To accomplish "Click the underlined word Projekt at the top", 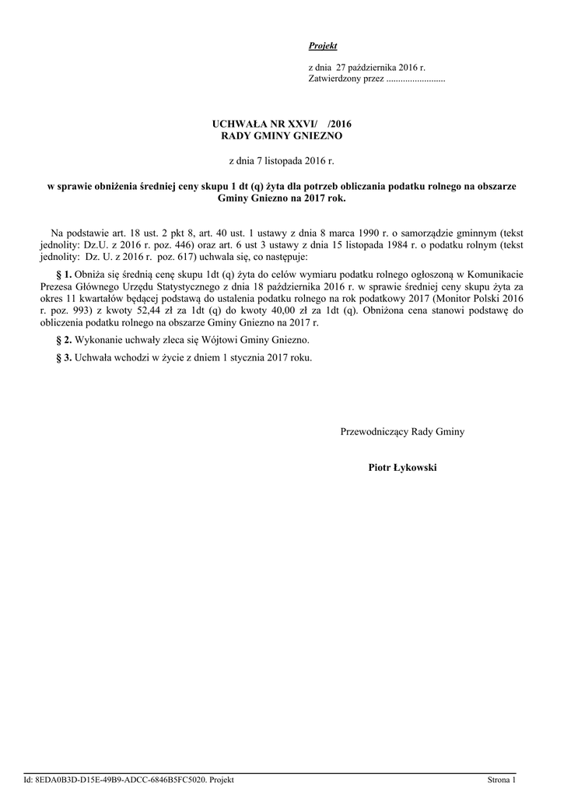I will [323, 47].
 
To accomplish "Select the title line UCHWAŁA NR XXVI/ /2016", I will [282, 124].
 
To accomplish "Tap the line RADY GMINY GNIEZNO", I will [282, 135].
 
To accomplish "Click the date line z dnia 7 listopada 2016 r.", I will [282, 161].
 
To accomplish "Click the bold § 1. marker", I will [65, 275].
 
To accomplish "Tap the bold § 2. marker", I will [65, 340].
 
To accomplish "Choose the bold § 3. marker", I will [65, 357].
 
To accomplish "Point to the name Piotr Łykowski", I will [403, 467].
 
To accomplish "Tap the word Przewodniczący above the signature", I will [376, 431].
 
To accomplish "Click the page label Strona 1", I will [502, 779].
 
